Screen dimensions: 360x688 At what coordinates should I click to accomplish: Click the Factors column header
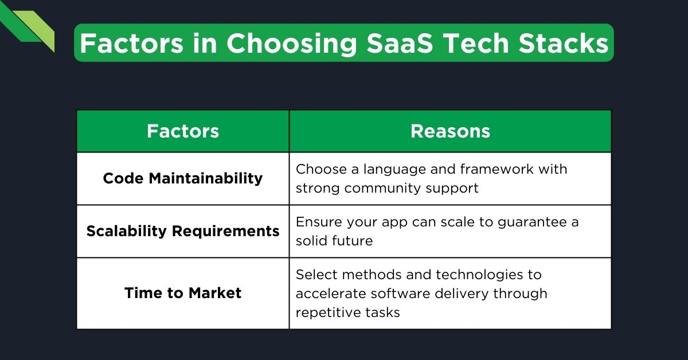click(x=183, y=131)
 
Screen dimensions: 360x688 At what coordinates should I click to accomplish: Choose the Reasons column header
click(x=450, y=131)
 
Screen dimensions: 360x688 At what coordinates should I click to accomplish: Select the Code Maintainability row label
click(x=183, y=178)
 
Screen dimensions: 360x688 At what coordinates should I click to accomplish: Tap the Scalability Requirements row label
click(x=183, y=231)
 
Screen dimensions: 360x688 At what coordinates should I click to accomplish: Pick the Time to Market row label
click(x=183, y=293)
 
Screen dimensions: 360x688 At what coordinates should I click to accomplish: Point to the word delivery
click(x=462, y=294)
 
